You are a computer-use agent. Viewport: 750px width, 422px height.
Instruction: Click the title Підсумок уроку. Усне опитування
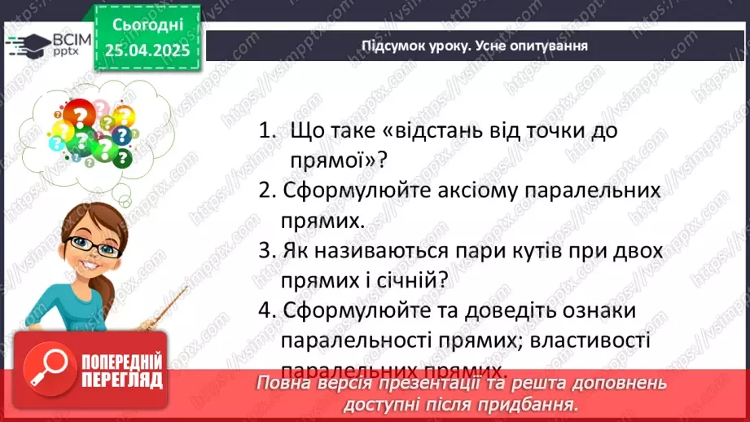tap(475, 46)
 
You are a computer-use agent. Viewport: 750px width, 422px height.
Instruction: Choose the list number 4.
tap(265, 310)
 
